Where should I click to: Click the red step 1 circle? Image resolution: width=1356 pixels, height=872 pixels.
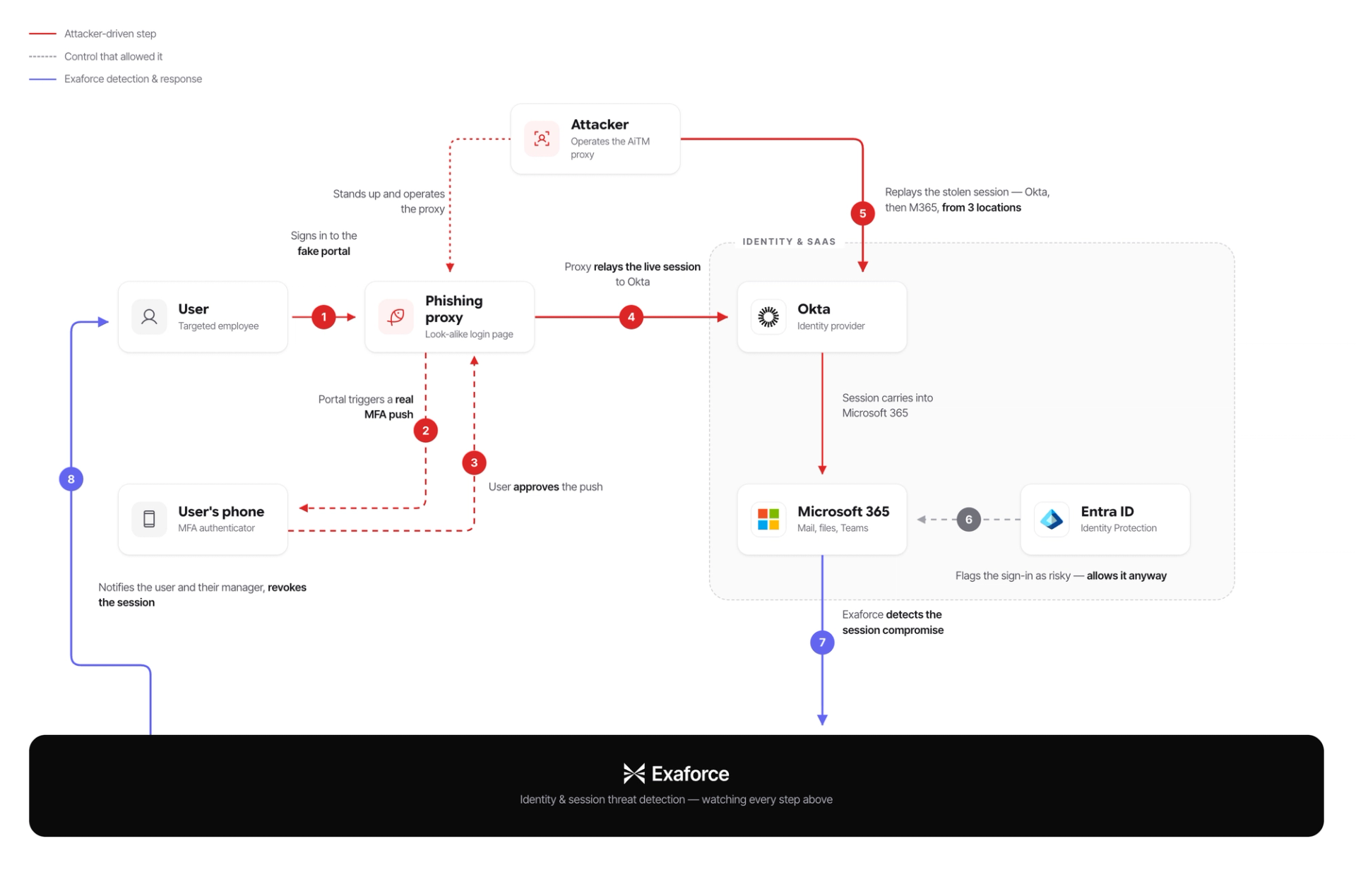pos(324,317)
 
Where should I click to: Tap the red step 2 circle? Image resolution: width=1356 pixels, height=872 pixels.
pos(426,431)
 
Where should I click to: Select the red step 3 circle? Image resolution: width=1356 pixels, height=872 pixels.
pos(475,463)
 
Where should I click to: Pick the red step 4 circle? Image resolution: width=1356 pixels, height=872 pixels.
pos(631,317)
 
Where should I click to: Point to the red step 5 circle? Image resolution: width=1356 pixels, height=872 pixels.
pos(863,213)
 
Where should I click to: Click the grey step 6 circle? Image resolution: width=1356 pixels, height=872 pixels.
pos(969,520)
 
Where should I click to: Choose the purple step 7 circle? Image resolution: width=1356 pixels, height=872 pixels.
pos(823,643)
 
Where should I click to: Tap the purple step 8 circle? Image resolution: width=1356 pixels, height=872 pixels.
pos(71,479)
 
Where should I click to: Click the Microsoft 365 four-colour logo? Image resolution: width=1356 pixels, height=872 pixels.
pos(768,520)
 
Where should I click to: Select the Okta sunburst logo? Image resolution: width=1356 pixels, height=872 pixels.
pos(768,316)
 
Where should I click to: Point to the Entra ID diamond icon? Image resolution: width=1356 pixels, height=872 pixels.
pos(1052,520)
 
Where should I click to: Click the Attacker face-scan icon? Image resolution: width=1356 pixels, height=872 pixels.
pos(542,138)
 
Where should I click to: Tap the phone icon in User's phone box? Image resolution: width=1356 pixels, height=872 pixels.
pos(149,520)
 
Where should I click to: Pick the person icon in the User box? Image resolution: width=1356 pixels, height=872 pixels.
pos(149,316)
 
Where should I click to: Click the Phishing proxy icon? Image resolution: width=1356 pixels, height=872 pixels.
pos(396,316)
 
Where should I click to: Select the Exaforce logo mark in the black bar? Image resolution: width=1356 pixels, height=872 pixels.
pos(634,774)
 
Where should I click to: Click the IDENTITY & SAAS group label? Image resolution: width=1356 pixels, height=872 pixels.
pos(789,241)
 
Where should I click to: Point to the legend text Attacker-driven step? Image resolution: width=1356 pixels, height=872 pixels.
pos(110,34)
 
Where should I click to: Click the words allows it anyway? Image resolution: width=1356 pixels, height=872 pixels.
pos(1127,576)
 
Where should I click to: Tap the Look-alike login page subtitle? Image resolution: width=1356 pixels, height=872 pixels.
pos(469,334)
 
